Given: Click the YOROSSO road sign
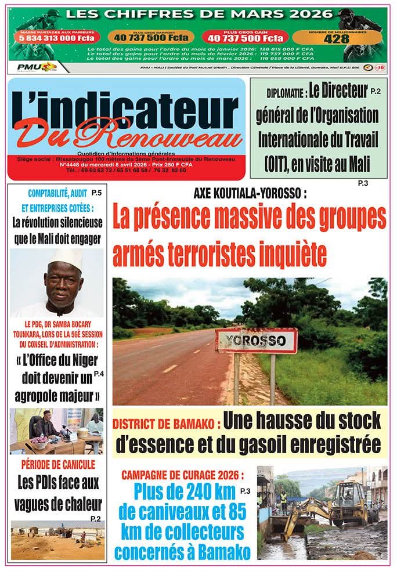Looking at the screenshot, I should tap(256, 341).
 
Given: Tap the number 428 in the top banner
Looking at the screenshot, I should tap(337, 39).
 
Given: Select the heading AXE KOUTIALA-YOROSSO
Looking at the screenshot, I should tap(250, 193).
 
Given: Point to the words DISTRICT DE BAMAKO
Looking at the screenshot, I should tap(166, 424).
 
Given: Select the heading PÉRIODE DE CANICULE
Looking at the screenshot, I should tap(57, 464).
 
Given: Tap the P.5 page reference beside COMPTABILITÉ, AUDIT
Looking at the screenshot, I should tap(96, 193).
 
